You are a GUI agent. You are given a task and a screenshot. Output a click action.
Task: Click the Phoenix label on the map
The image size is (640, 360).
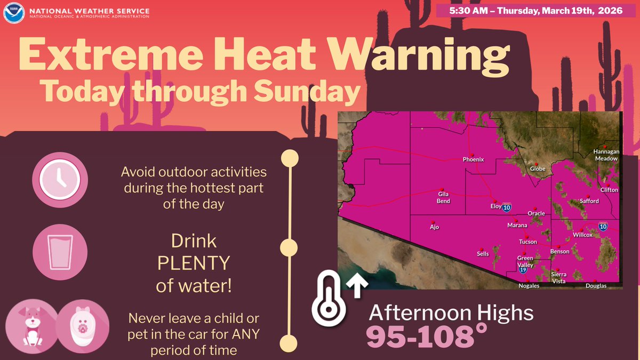click(x=473, y=159)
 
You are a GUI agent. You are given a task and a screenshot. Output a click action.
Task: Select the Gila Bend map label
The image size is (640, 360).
click(x=444, y=197)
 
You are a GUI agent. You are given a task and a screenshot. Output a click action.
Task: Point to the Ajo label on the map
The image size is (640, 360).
click(x=434, y=227)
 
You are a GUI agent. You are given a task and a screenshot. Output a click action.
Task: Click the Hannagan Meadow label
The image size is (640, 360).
click(x=606, y=155)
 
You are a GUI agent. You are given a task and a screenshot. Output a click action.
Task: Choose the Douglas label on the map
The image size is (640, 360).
click(x=596, y=286)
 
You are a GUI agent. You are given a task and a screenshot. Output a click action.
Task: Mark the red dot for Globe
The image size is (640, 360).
click(x=537, y=164)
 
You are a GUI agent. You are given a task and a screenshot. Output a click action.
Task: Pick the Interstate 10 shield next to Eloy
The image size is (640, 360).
click(x=506, y=206)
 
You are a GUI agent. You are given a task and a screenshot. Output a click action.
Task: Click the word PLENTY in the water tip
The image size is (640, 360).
click(x=194, y=264)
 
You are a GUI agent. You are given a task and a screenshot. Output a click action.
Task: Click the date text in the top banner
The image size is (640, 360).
click(x=537, y=11)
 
